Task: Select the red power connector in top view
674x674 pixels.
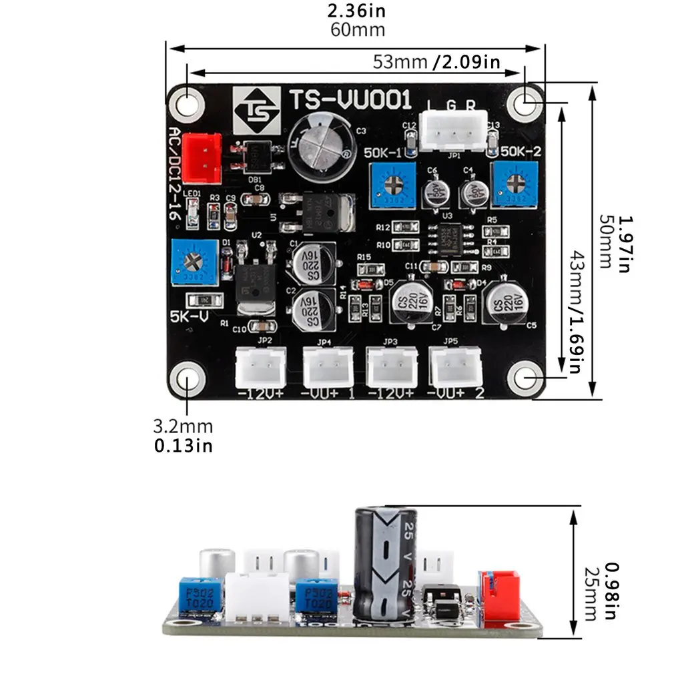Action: tap(202, 157)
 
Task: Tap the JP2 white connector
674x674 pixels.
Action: tap(260, 367)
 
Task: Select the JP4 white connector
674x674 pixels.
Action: tap(328, 367)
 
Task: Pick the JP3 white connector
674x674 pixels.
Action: tap(391, 367)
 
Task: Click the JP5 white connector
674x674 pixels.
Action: tap(456, 367)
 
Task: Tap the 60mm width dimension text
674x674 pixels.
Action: tap(357, 30)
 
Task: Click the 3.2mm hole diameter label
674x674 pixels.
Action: tap(183, 426)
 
